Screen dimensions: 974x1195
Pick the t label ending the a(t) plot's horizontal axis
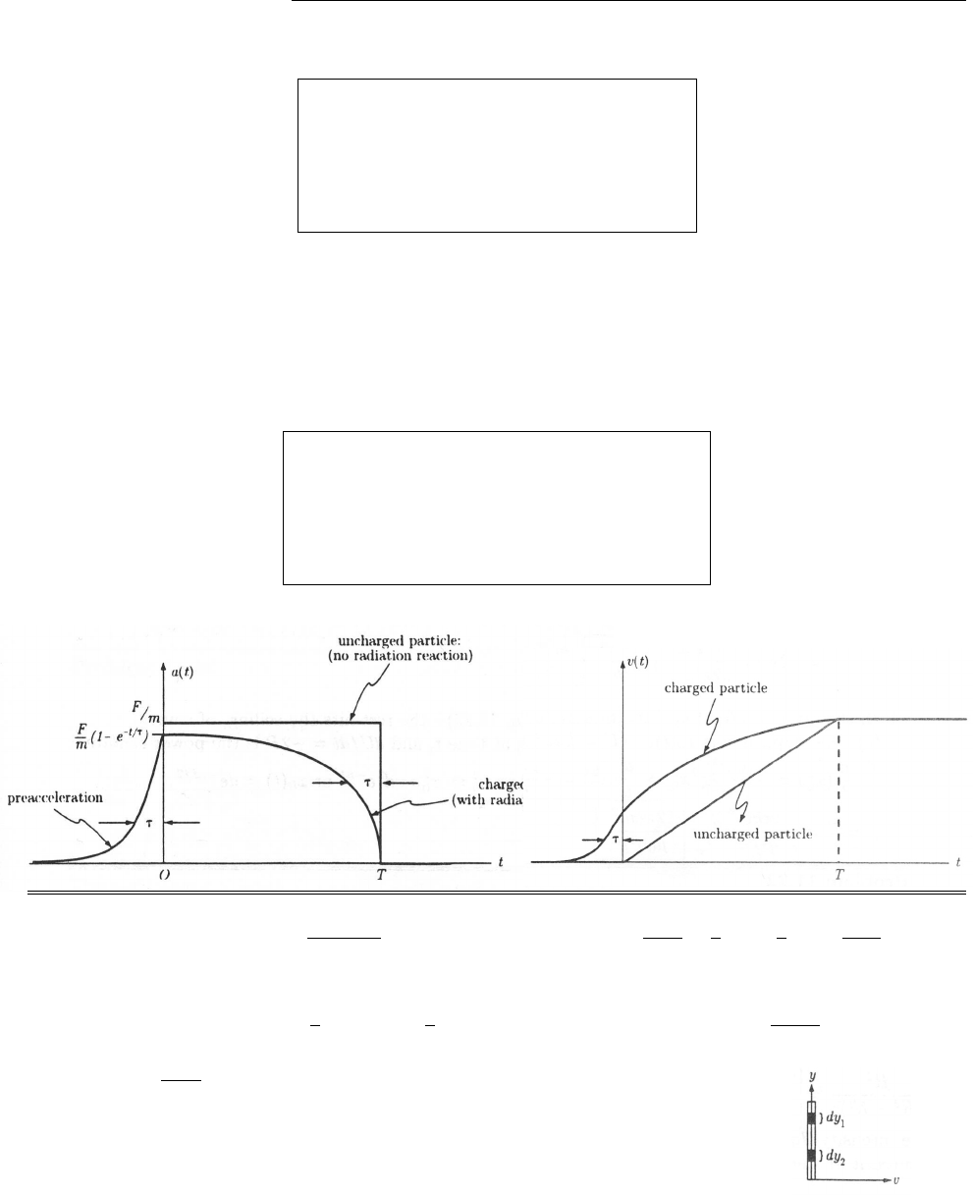pos(501,862)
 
